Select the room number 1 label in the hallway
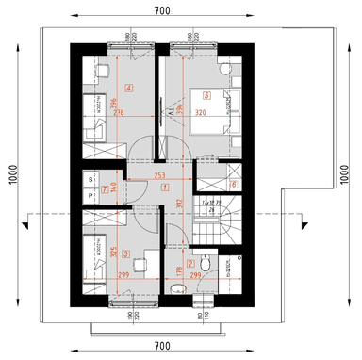point(166,187)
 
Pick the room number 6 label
point(233,184)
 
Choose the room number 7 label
point(105,188)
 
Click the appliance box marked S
point(91,177)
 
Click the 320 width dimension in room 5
point(199,111)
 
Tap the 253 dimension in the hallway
point(159,176)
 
